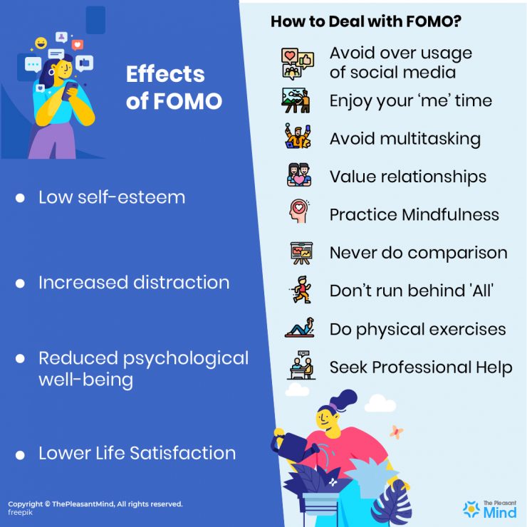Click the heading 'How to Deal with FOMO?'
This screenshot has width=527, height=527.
pyautogui.click(x=365, y=21)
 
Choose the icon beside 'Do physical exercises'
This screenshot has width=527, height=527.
pyautogui.click(x=299, y=328)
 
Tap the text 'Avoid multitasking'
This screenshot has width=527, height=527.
pyautogui.click(x=405, y=138)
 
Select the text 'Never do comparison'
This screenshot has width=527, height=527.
pyautogui.click(x=418, y=252)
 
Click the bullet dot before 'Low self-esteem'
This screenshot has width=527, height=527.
pyautogui.click(x=20, y=199)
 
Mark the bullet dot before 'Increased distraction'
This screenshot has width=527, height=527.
pyautogui.click(x=20, y=283)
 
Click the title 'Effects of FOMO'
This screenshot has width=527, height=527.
pyautogui.click(x=174, y=88)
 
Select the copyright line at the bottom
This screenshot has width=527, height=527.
pyautogui.click(x=95, y=503)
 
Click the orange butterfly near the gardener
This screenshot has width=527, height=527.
pyautogui.click(x=397, y=432)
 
